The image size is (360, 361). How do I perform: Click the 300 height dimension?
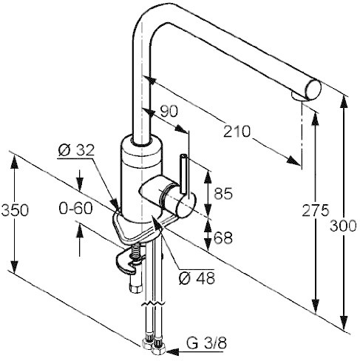(x=343, y=226)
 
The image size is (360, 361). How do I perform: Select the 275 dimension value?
(x=316, y=210)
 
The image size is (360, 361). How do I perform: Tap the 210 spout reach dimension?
(x=237, y=131)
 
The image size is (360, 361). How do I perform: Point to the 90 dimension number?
(x=169, y=111)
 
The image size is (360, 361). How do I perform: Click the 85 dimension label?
(x=223, y=193)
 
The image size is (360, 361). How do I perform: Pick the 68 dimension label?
(x=223, y=238)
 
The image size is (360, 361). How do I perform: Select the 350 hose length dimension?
(x=15, y=210)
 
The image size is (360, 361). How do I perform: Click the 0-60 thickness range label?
(x=76, y=209)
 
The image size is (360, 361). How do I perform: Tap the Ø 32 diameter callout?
(x=76, y=149)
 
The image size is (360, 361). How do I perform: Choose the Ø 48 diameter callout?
(x=197, y=278)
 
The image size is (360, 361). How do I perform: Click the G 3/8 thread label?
(x=206, y=343)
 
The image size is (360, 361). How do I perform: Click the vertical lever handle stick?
(x=184, y=174)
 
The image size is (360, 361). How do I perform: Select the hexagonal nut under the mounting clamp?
(x=136, y=288)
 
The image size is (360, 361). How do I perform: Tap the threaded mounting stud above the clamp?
(x=135, y=252)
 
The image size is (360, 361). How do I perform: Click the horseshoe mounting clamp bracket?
(x=129, y=263)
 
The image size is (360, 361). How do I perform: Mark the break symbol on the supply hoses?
(x=153, y=303)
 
